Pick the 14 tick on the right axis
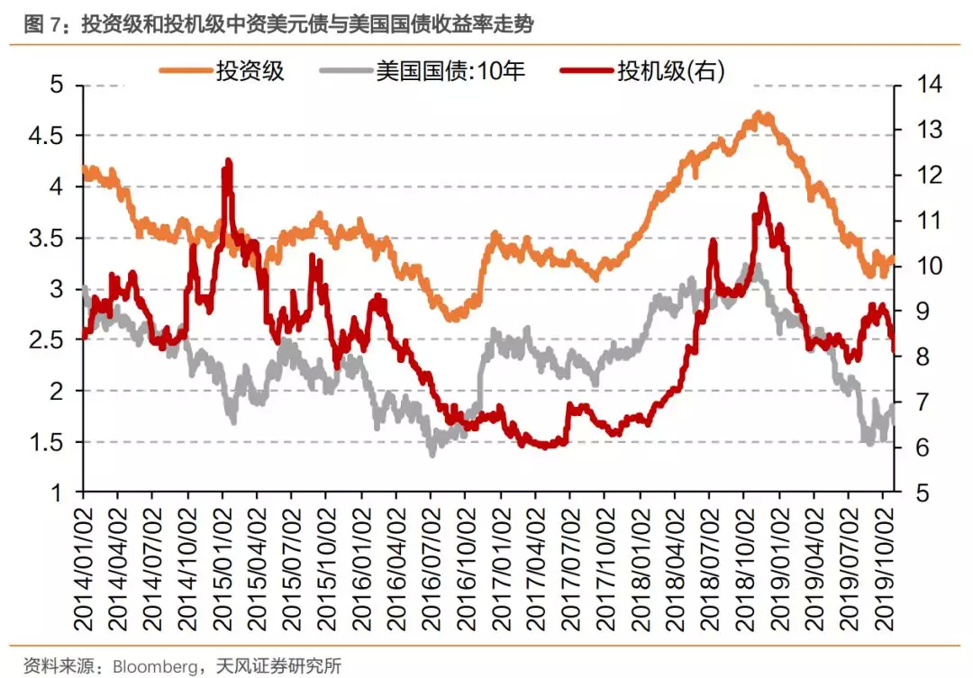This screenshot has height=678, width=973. (919, 85)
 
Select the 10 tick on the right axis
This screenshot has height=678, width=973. (919, 267)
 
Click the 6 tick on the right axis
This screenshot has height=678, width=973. (914, 448)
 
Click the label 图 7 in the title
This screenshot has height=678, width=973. (44, 25)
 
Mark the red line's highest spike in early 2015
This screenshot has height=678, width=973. (228, 162)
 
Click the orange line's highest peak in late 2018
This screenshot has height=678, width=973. (761, 114)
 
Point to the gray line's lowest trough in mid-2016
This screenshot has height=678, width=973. (432, 452)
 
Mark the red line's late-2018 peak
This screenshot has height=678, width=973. (763, 195)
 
